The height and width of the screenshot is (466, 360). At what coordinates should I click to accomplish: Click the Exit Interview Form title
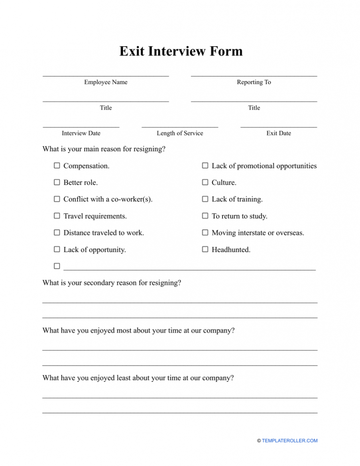(x=181, y=51)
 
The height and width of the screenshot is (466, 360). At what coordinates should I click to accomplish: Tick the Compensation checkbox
(x=57, y=165)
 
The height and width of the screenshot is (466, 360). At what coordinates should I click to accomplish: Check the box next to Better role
(x=57, y=182)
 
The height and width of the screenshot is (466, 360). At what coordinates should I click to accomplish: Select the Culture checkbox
(x=205, y=182)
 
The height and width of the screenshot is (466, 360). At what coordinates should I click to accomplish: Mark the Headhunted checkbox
(x=205, y=249)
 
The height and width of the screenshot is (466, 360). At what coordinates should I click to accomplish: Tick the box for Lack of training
(x=205, y=199)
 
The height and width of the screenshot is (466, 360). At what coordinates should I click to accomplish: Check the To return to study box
(x=205, y=216)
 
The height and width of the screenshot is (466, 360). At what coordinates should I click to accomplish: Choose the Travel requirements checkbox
(x=57, y=216)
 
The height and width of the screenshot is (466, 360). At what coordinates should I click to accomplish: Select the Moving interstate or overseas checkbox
(x=205, y=232)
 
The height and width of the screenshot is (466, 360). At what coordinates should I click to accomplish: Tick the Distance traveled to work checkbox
(x=57, y=232)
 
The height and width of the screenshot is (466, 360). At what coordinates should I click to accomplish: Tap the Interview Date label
(x=81, y=133)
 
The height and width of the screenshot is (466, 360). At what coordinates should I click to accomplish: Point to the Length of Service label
(x=180, y=133)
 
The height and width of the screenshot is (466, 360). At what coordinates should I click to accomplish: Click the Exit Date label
(x=279, y=133)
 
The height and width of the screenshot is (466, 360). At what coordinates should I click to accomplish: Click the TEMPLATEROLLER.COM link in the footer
(x=289, y=440)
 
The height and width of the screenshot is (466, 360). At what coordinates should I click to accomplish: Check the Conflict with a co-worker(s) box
(x=57, y=199)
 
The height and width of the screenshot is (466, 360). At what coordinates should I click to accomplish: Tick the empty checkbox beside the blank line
(x=57, y=266)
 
